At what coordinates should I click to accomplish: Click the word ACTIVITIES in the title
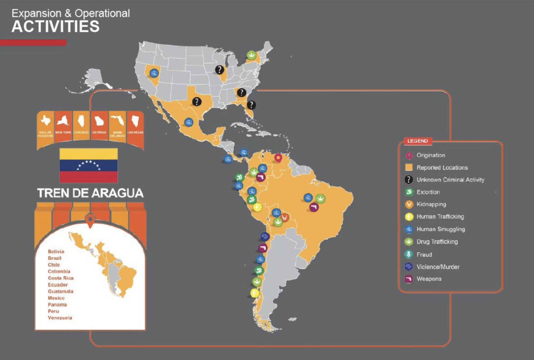[55, 27]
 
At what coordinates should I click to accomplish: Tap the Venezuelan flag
[89, 165]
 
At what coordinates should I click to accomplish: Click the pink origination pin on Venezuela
[278, 158]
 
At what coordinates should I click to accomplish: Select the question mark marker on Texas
[197, 101]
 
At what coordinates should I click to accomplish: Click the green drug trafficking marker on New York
[251, 55]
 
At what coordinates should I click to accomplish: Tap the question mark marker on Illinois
[220, 70]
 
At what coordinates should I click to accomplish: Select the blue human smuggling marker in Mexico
[189, 123]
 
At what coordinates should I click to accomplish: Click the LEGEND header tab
[418, 141]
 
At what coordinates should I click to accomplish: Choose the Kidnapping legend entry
[431, 204]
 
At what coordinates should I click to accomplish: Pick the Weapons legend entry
[429, 279]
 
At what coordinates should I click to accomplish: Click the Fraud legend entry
[424, 255]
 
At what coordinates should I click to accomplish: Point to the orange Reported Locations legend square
[409, 168]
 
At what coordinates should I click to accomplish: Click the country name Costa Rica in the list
[61, 278]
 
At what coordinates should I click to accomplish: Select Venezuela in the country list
[60, 318]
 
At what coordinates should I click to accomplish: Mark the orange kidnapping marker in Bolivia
[284, 217]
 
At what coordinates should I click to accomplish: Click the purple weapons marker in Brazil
[314, 208]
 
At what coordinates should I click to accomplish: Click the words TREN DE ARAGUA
[90, 193]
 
